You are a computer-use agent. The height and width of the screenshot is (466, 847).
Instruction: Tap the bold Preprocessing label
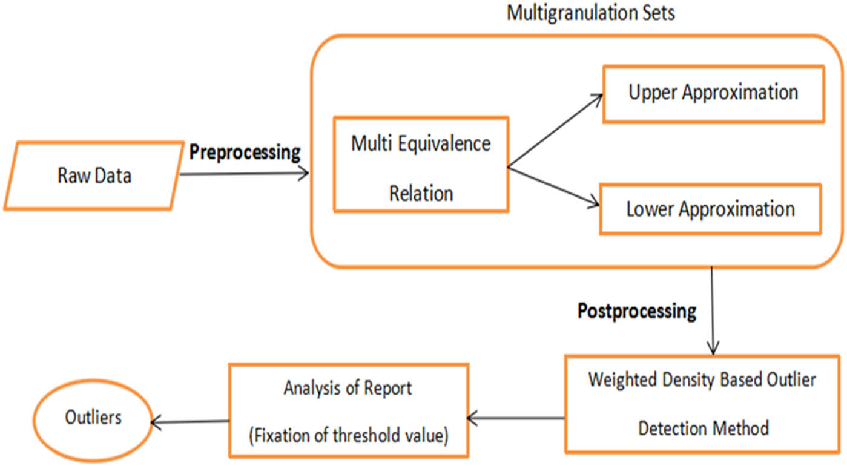pyautogui.click(x=245, y=152)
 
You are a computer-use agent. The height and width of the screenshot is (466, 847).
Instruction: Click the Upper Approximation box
pyautogui.click(x=713, y=94)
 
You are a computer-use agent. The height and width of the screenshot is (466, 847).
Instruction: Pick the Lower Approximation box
pyautogui.click(x=710, y=209)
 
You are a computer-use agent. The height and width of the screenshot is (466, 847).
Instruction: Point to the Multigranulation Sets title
pyautogui.click(x=590, y=13)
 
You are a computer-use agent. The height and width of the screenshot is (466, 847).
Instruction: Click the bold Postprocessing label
pyautogui.click(x=636, y=311)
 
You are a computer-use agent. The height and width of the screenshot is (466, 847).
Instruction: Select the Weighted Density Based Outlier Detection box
pyautogui.click(x=703, y=404)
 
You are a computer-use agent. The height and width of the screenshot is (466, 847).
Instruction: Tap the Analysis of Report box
pyautogui.click(x=348, y=410)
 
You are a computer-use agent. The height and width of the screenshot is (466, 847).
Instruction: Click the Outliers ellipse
pyautogui.click(x=94, y=418)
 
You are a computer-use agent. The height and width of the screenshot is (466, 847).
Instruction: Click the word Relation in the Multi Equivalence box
pyautogui.click(x=421, y=194)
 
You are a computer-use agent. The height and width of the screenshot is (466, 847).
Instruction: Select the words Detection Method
pyautogui.click(x=703, y=428)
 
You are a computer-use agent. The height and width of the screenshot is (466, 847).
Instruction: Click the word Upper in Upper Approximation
pyautogui.click(x=653, y=93)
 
